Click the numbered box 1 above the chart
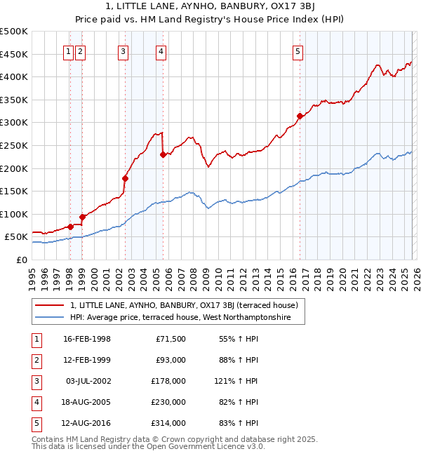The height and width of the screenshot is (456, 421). tap(69, 51)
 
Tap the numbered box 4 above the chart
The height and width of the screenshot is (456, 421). tap(161, 51)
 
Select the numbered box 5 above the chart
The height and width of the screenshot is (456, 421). tap(298, 51)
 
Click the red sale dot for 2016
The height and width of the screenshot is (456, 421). tap(300, 116)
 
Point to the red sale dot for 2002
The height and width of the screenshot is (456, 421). tap(126, 178)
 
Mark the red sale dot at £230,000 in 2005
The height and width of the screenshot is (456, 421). tap(163, 154)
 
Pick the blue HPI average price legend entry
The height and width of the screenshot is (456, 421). tap(187, 318)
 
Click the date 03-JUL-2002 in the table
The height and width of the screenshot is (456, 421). tap(86, 381)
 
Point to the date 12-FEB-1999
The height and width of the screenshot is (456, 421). tap(86, 360)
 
